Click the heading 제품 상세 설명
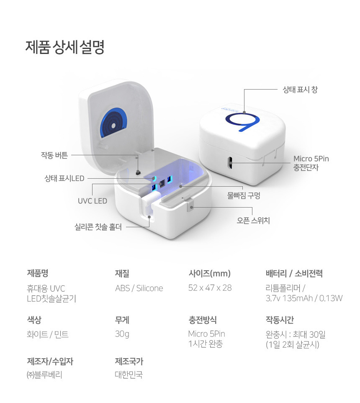(65, 47)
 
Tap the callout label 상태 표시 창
(300, 90)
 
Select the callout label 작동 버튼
(54, 155)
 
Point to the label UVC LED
(93, 201)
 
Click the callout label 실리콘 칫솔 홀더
(98, 227)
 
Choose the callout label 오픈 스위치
(253, 221)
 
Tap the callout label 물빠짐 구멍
(244, 196)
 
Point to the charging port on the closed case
(230, 163)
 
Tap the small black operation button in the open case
(138, 172)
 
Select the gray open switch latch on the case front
(190, 207)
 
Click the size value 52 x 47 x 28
(210, 288)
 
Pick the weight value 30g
(122, 334)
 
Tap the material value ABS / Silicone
(139, 288)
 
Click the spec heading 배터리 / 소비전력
(294, 273)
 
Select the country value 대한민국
(129, 375)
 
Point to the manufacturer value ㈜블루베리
(44, 375)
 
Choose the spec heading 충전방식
(203, 320)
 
